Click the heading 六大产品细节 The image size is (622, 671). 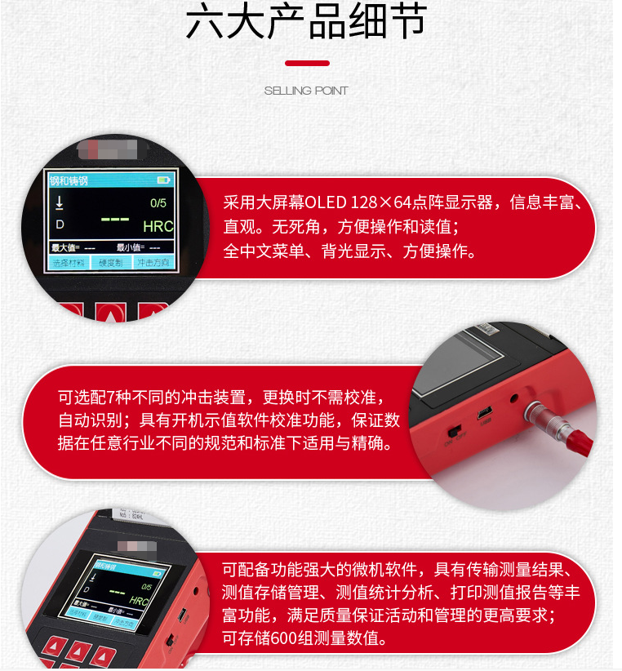[306, 23]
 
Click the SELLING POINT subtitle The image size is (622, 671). [306, 91]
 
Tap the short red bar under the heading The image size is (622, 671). [307, 63]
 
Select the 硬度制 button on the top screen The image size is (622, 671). [110, 263]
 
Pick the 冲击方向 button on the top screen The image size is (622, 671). [153, 263]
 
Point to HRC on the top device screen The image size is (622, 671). [158, 226]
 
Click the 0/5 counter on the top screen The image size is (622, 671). [158, 202]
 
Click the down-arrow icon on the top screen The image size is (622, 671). [59, 202]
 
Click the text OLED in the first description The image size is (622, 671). [327, 202]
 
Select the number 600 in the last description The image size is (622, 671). [283, 638]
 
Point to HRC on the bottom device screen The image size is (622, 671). [139, 601]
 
